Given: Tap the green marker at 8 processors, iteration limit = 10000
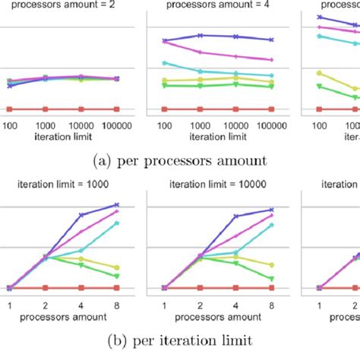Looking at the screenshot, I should (x=272, y=279).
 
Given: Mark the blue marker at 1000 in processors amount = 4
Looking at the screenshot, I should (x=201, y=35).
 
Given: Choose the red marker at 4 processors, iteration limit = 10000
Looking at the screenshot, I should (x=236, y=288).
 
